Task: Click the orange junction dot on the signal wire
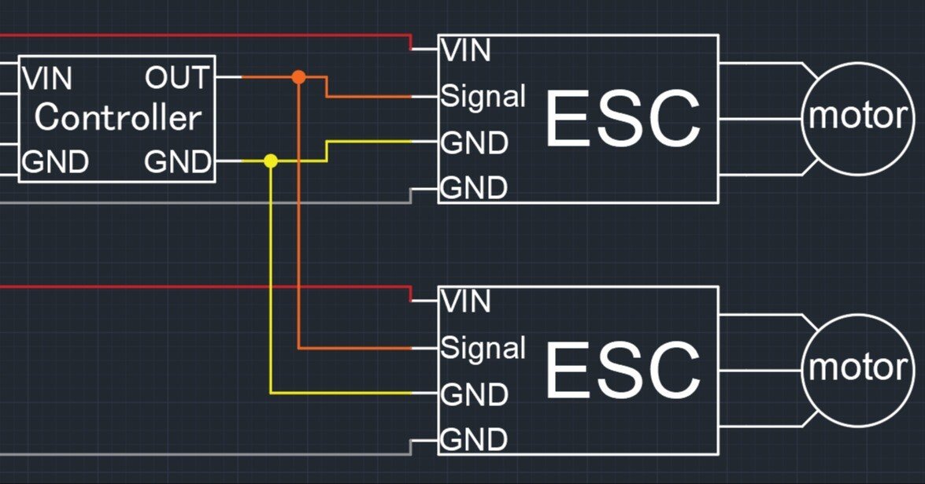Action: point(298,76)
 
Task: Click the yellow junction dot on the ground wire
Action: point(271,161)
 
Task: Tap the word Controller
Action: point(117,118)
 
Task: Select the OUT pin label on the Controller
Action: point(177,78)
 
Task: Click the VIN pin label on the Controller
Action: point(48,79)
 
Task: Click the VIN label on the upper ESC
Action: point(467,51)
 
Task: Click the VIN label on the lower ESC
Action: point(467,301)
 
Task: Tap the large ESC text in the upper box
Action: point(623,120)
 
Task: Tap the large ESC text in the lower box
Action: point(623,370)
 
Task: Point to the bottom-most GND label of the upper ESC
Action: point(474,189)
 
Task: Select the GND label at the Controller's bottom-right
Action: point(178,163)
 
